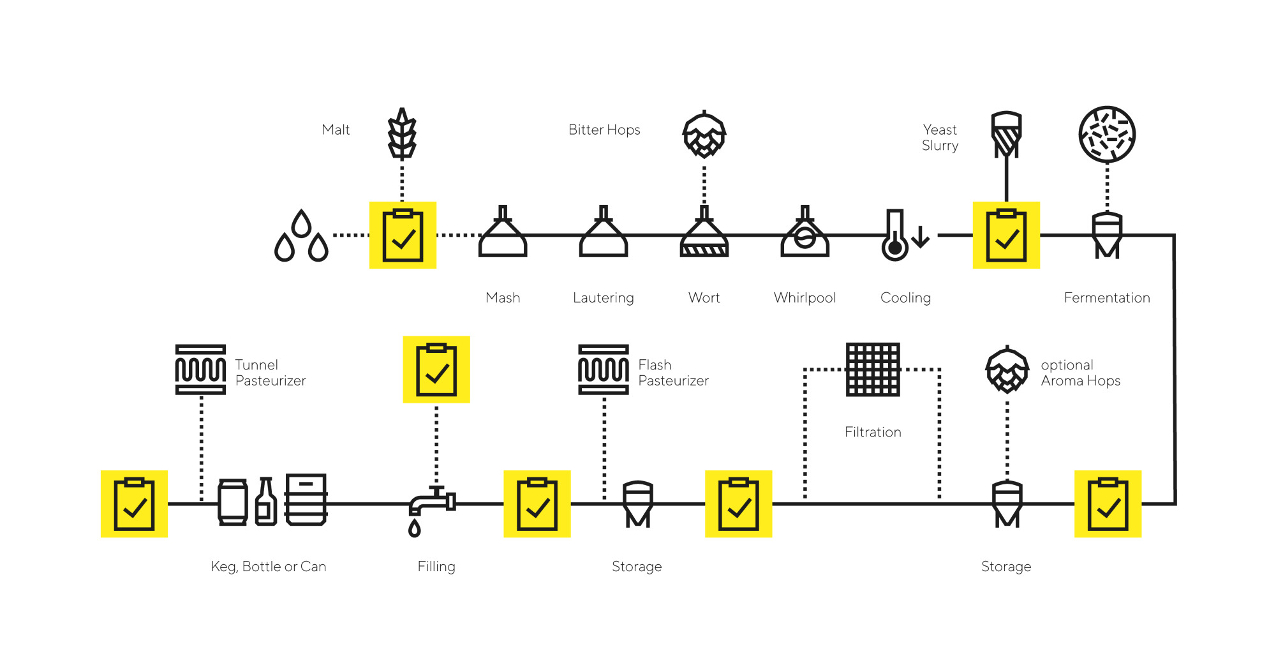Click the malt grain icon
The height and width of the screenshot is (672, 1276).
tap(402, 133)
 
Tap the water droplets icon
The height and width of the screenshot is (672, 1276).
tap(301, 237)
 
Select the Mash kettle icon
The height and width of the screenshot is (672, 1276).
tap(503, 233)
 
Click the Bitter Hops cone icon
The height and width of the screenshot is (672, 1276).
tap(704, 135)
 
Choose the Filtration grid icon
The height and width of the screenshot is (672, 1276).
tap(873, 370)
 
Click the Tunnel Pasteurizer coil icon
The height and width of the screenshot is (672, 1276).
tap(200, 370)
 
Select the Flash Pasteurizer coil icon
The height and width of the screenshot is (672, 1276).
tap(604, 370)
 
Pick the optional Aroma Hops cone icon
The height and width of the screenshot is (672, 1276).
tap(1007, 370)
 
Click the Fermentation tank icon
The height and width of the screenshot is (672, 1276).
tap(1107, 235)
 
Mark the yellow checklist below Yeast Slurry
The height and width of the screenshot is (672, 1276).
tap(1006, 235)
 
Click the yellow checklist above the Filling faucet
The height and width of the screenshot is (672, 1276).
tap(436, 370)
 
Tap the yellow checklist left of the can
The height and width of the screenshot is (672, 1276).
tap(134, 504)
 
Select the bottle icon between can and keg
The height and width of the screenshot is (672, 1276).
tap(266, 502)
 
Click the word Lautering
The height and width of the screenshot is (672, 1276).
tap(603, 298)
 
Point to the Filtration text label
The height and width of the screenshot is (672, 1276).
tap(873, 432)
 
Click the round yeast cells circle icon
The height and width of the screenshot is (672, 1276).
tap(1107, 135)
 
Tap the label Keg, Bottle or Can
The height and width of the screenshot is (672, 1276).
tap(269, 567)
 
